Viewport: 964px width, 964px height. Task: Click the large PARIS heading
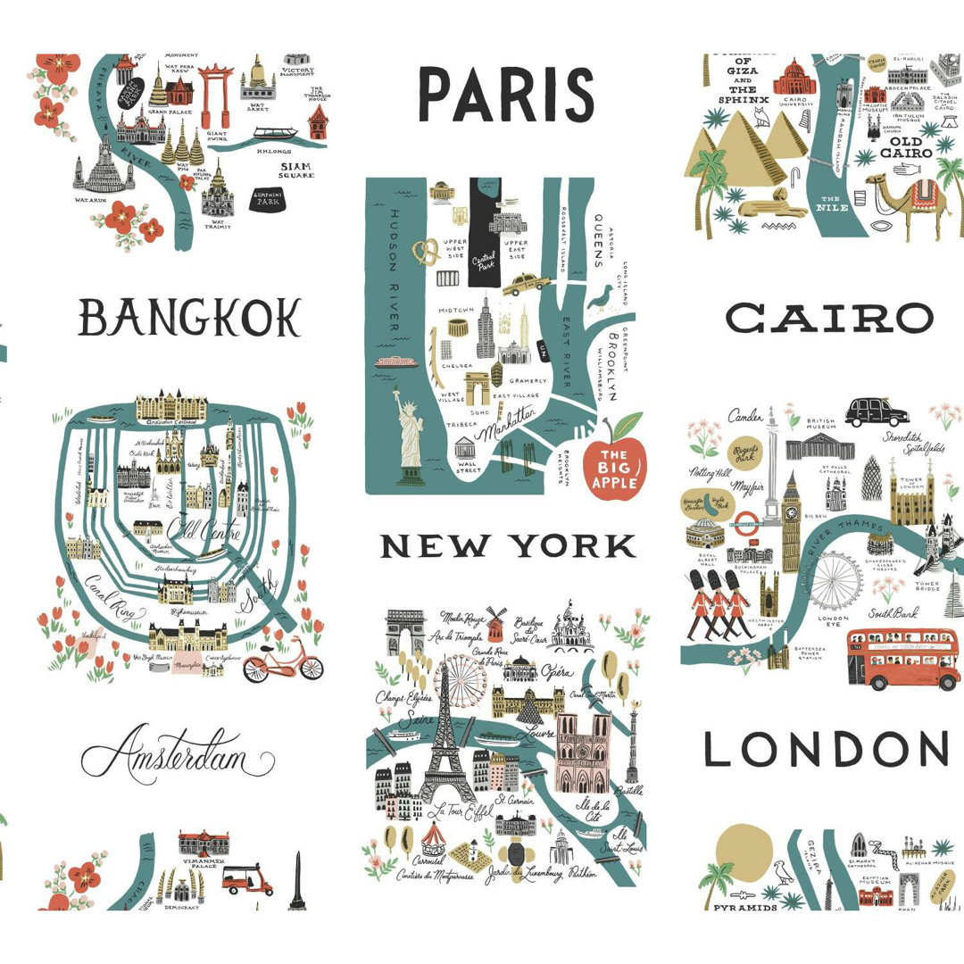point(506,96)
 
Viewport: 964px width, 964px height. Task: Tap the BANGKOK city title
point(190,317)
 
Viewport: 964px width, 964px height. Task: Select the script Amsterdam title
point(178,755)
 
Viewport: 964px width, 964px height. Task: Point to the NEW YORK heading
point(508,545)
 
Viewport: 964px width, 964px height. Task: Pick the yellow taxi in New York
point(527,284)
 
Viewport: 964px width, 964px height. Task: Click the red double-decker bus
point(902,658)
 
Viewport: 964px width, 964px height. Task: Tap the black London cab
point(877,411)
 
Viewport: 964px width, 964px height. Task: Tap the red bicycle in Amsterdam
point(283,661)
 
